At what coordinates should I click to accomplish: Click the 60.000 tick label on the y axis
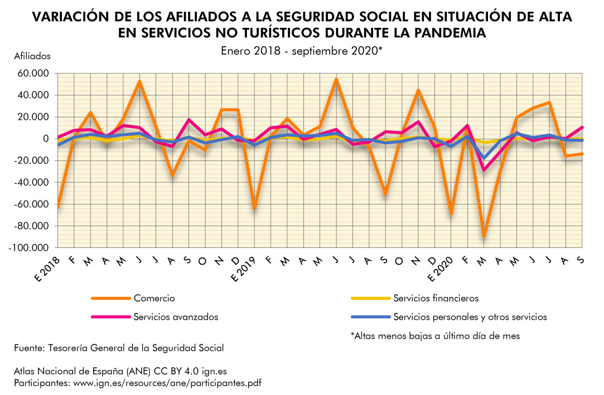click(x=34, y=74)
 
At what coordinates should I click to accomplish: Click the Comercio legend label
click(x=154, y=299)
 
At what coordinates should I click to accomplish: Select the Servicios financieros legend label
click(x=436, y=299)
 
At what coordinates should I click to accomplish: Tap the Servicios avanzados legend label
click(x=176, y=317)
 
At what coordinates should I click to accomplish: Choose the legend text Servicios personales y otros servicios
click(x=470, y=317)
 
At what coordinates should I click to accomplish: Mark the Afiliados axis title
click(x=32, y=56)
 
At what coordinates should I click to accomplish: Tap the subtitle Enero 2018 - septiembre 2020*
click(x=301, y=50)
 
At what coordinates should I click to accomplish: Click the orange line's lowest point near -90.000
click(x=484, y=237)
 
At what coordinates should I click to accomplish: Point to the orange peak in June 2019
click(x=336, y=79)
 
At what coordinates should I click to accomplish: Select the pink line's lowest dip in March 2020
click(x=484, y=170)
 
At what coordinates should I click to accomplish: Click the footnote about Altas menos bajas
click(x=435, y=336)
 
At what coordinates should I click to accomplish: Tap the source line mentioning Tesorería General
click(x=119, y=348)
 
